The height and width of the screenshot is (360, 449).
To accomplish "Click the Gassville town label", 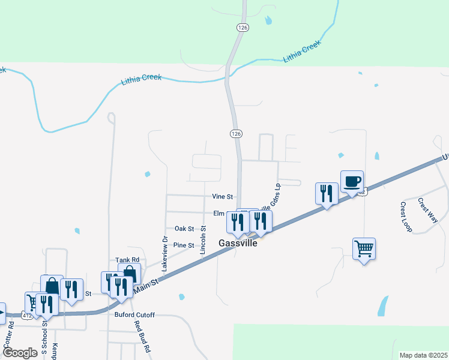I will click(237, 244).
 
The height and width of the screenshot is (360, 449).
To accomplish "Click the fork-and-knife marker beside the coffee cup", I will click(327, 193).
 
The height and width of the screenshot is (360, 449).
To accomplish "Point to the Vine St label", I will click(221, 196).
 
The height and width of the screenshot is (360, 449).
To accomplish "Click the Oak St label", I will click(184, 229).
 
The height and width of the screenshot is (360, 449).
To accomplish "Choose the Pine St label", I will click(184, 245).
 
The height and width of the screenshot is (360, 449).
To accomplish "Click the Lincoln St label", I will click(204, 239).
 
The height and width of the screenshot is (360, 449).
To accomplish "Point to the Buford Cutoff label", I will click(134, 314).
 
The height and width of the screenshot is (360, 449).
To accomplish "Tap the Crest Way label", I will click(428, 209).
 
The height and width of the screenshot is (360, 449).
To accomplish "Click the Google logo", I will click(20, 352).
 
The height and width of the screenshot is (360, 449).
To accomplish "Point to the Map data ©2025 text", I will click(423, 355).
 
